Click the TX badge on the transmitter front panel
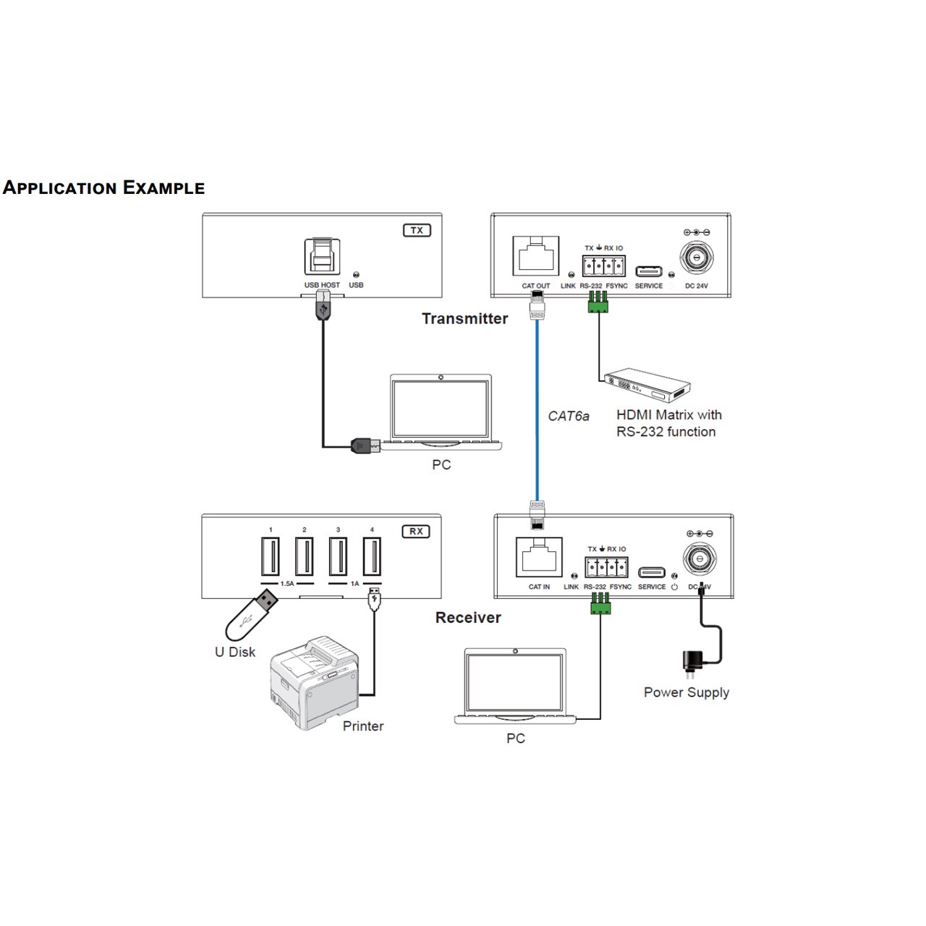[417, 231]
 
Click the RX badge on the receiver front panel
[416, 532]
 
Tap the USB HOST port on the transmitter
[322, 257]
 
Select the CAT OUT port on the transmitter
[535, 255]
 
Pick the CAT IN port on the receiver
[539, 556]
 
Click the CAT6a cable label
[569, 416]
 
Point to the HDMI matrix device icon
[647, 385]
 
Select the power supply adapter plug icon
[692, 662]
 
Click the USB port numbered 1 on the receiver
[271, 556]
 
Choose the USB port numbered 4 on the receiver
[372, 556]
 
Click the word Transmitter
[464, 319]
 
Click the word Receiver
[468, 618]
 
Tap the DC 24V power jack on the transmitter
[697, 257]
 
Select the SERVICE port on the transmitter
[648, 271]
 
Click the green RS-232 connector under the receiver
[600, 603]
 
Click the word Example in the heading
[163, 188]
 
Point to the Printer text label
[363, 726]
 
